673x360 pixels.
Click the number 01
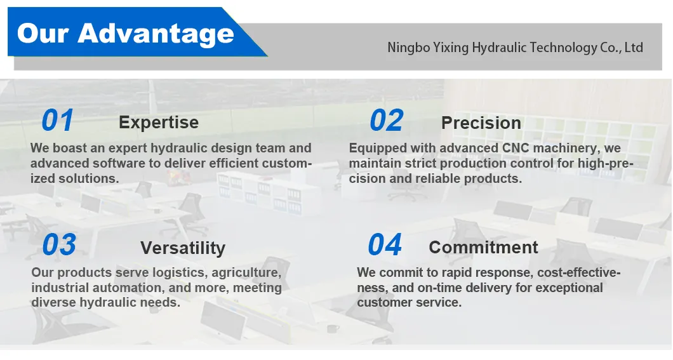(58, 121)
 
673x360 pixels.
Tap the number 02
(386, 121)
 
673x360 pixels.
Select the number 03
(59, 246)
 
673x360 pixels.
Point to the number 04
(385, 245)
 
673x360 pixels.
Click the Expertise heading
(159, 122)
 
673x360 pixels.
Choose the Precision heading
(481, 123)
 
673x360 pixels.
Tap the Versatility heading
(183, 248)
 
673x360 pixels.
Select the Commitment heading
(483, 247)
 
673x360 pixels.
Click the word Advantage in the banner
(157, 32)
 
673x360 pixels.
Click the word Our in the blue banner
(42, 32)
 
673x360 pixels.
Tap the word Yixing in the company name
(450, 48)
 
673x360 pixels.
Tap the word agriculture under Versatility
(246, 273)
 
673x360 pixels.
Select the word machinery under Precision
(564, 149)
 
